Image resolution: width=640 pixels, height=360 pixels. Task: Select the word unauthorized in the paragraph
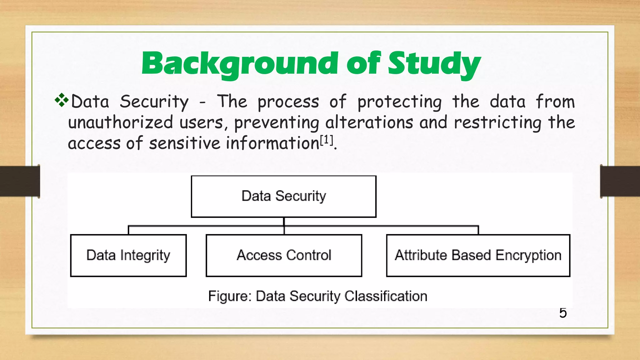(120, 122)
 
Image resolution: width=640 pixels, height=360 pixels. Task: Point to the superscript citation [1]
(327, 140)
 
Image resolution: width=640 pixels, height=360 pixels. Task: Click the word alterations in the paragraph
(369, 122)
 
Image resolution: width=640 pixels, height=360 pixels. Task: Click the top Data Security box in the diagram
(283, 196)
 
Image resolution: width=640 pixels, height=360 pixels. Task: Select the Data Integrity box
(128, 255)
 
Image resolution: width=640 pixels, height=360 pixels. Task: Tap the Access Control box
(284, 255)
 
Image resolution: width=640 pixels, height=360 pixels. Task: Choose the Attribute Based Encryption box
(478, 255)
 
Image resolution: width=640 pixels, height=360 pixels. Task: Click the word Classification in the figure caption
(386, 296)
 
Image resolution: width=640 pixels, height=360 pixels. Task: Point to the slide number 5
(563, 313)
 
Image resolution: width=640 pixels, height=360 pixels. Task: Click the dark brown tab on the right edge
(620, 181)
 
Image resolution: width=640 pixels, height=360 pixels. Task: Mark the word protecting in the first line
(399, 102)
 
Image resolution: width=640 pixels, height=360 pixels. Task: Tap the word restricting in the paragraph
(497, 122)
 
